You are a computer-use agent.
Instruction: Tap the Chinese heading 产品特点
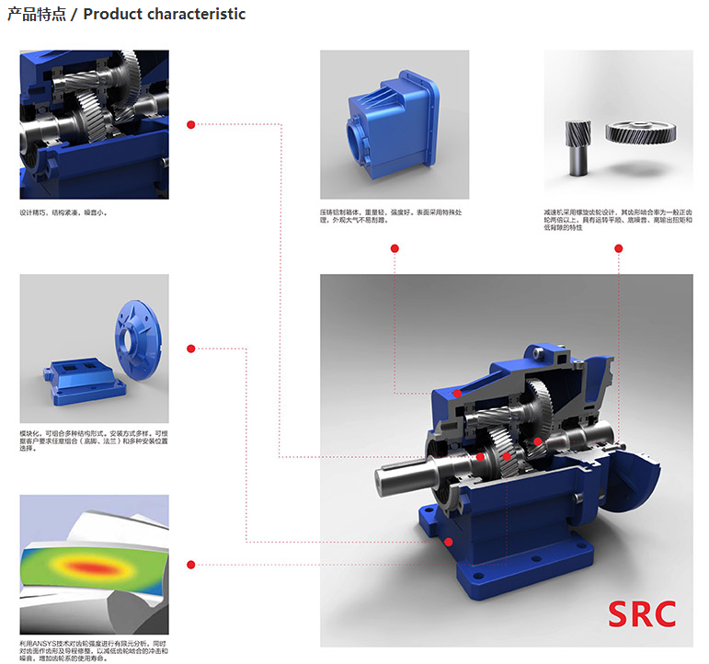tap(37, 15)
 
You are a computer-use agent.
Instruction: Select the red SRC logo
tap(643, 613)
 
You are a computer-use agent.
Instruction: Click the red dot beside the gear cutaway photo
tap(190, 124)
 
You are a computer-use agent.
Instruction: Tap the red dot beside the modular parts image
tap(190, 349)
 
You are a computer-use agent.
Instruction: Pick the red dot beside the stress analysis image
tap(190, 564)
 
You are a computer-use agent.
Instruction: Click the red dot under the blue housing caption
tap(395, 248)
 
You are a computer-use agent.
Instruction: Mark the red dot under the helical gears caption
tap(619, 248)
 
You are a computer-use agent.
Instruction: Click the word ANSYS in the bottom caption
tap(42, 641)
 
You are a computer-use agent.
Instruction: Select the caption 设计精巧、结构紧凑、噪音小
tap(63, 212)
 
